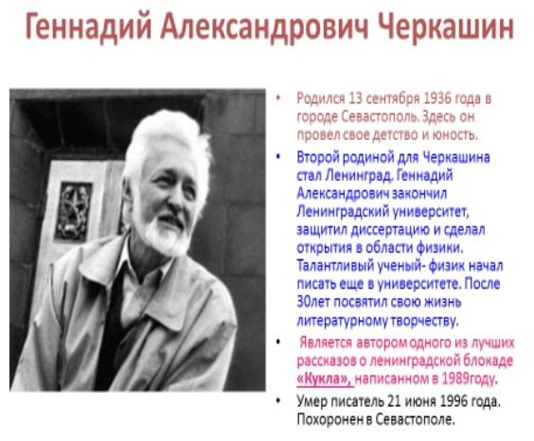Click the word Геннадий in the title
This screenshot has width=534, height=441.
pyautogui.click(x=88, y=26)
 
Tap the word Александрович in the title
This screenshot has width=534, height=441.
pyautogui.click(x=264, y=26)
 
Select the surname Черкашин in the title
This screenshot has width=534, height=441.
pyautogui.click(x=446, y=26)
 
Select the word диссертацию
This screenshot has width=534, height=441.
pyautogui.click(x=390, y=231)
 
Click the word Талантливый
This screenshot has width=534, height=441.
pyautogui.click(x=335, y=266)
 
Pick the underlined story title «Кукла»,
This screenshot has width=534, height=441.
pyautogui.click(x=325, y=379)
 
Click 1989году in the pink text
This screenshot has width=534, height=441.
pyautogui.click(x=468, y=379)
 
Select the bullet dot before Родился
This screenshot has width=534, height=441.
pyautogui.click(x=278, y=98)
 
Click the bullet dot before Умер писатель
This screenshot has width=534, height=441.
pyautogui.click(x=278, y=401)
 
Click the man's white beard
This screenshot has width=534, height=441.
pyautogui.click(x=164, y=235)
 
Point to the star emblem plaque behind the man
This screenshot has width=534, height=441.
pyautogui.click(x=73, y=212)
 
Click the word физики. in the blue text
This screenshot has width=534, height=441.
pyautogui.click(x=439, y=248)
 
